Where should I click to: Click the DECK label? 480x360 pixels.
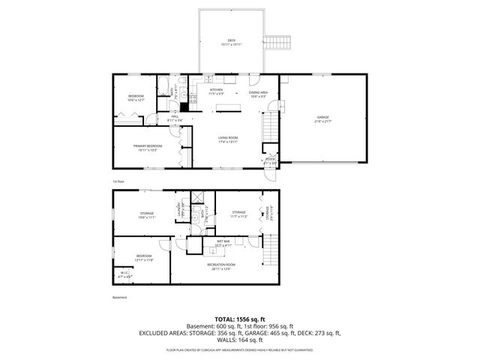231,41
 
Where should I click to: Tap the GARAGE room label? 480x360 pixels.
323,118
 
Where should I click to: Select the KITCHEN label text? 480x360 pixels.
216,91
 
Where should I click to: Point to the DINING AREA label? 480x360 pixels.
259,93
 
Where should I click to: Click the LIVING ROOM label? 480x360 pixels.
228,139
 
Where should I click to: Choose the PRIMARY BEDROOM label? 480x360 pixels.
148,146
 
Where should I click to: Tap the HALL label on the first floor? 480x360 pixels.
174,118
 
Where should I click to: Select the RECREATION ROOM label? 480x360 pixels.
221,265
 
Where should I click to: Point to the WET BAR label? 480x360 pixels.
223,242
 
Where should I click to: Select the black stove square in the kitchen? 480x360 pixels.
184,107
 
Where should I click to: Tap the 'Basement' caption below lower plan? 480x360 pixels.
119,298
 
